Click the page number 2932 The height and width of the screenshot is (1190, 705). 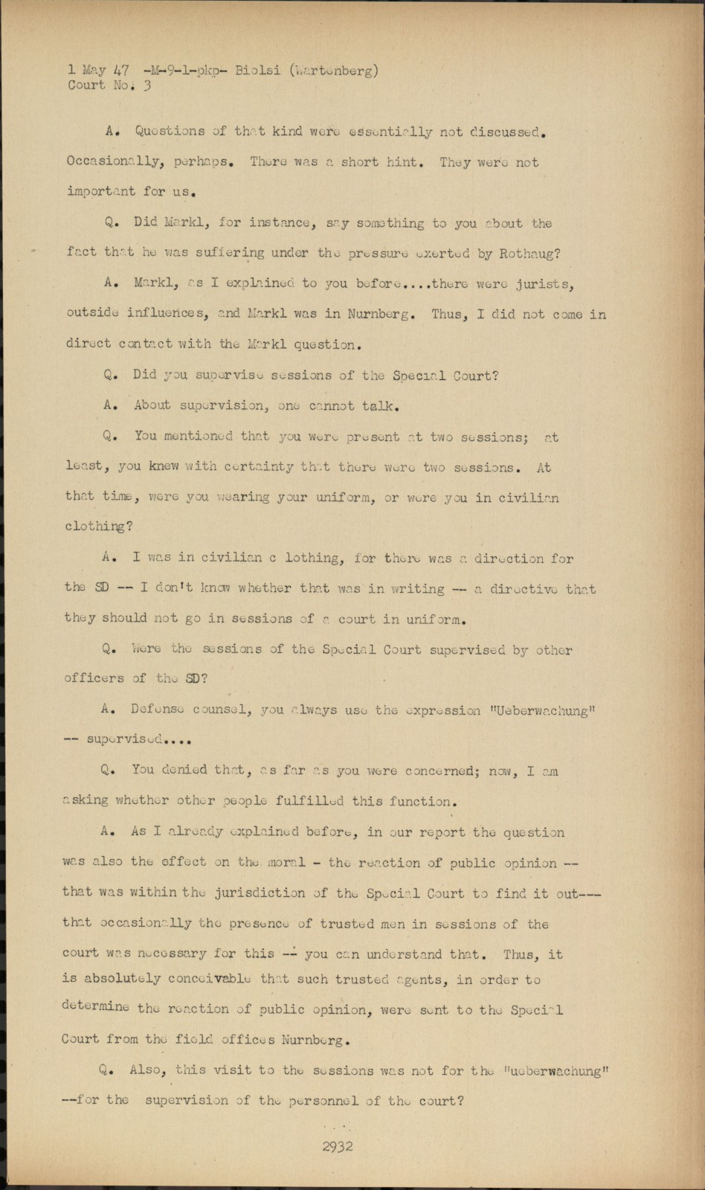point(338,1146)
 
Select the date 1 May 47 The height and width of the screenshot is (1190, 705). point(98,71)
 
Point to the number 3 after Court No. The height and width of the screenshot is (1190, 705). point(147,86)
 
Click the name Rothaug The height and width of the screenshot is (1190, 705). point(527,253)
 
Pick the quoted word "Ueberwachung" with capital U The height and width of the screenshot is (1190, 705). point(543,710)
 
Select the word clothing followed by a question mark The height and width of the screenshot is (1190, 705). point(98,527)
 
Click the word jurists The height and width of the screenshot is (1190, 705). point(545,283)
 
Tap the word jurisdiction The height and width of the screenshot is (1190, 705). point(260,892)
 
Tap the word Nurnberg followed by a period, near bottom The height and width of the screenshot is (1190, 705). point(309,1040)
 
